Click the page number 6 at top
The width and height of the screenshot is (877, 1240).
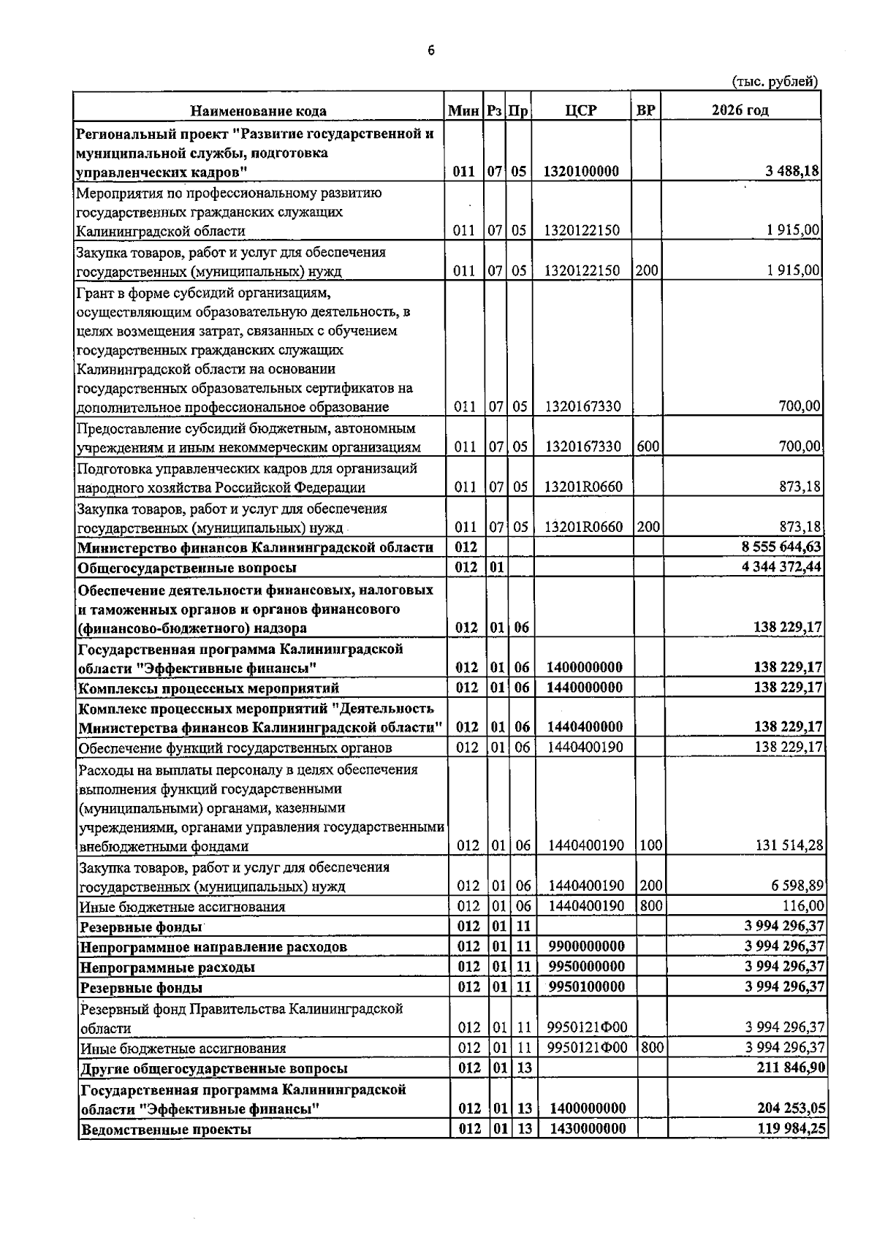(430, 50)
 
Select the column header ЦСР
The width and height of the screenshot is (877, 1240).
(581, 110)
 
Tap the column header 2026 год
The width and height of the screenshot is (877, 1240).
(740, 110)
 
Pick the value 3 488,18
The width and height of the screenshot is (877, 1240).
(792, 172)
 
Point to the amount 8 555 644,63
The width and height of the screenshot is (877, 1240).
(781, 547)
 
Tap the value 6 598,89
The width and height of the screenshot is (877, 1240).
(797, 886)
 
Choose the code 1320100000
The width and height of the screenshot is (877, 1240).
(582, 172)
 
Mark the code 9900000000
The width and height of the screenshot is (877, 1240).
(587, 947)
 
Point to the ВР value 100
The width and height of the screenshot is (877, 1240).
(650, 846)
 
